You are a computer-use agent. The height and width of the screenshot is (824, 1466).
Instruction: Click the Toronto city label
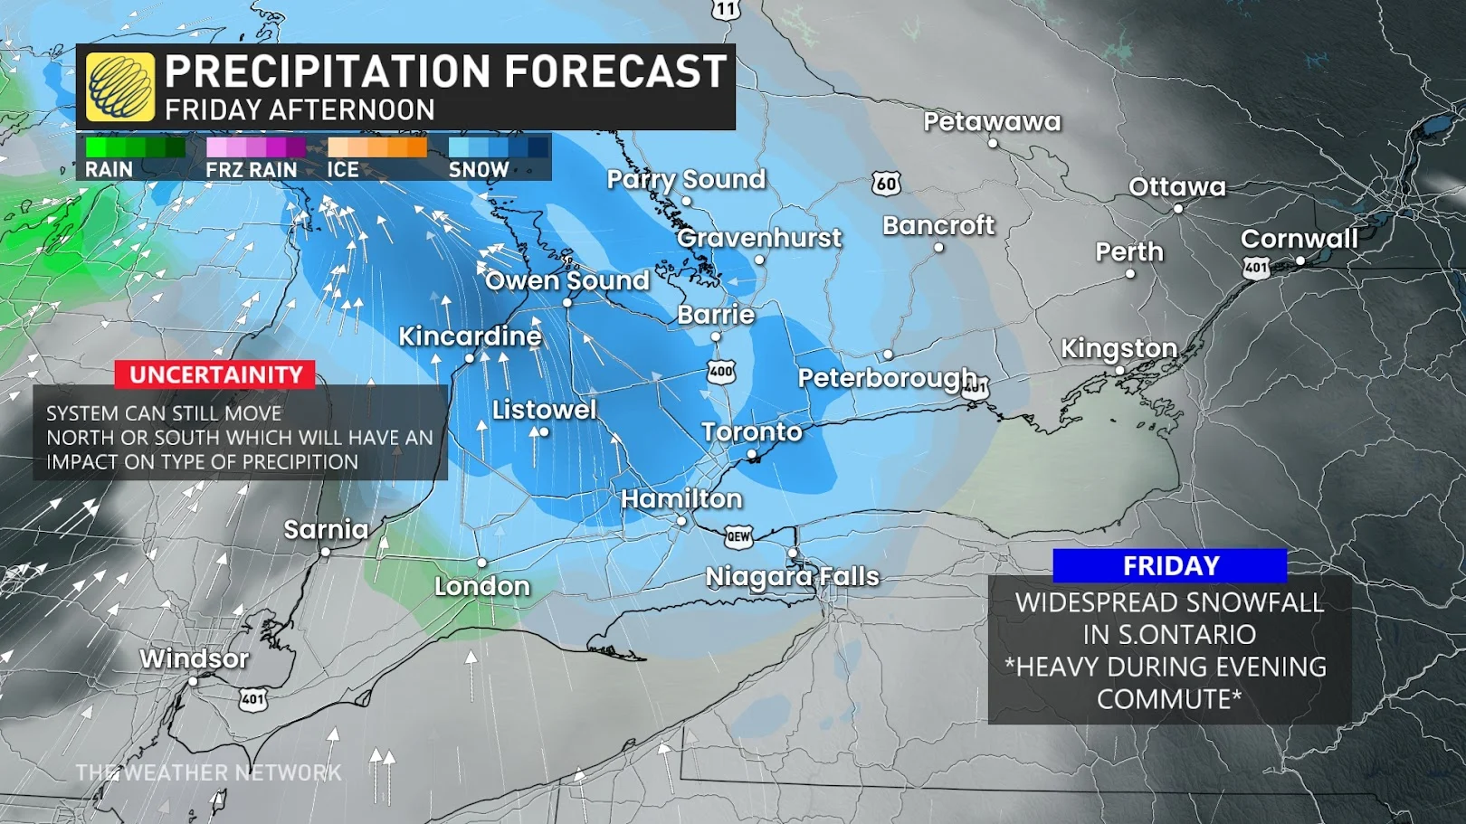click(752, 431)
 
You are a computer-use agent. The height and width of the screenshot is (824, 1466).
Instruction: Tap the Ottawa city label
click(1176, 187)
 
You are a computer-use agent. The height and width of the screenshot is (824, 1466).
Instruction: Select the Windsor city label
click(194, 658)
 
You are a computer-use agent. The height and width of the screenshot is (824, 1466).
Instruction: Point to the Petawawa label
click(992, 122)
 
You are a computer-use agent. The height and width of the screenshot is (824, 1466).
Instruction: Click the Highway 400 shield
click(721, 372)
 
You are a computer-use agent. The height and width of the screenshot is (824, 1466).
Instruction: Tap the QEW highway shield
click(738, 536)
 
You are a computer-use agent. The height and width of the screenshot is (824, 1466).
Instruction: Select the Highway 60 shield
click(886, 184)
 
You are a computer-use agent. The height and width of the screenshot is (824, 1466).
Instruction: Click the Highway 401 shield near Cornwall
click(1256, 268)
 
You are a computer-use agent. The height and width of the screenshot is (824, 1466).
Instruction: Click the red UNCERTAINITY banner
click(215, 374)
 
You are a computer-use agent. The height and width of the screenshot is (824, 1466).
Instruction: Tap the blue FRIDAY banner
click(1169, 565)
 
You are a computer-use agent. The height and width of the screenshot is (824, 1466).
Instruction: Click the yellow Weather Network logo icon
click(120, 87)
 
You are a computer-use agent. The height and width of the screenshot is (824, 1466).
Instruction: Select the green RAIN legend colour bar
click(135, 147)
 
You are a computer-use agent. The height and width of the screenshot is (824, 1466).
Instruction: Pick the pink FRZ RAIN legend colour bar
click(256, 147)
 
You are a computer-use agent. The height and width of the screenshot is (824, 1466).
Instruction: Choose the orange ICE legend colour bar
click(376, 147)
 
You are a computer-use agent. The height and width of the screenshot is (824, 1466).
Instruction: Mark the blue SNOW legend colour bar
click(498, 147)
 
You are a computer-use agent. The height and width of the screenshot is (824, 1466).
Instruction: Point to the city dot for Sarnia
click(326, 552)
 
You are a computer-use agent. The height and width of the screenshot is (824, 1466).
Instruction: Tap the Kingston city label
click(1119, 348)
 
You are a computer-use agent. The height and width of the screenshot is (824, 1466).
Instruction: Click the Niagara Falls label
click(792, 576)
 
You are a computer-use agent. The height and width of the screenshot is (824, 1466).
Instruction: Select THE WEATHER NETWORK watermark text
click(208, 772)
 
